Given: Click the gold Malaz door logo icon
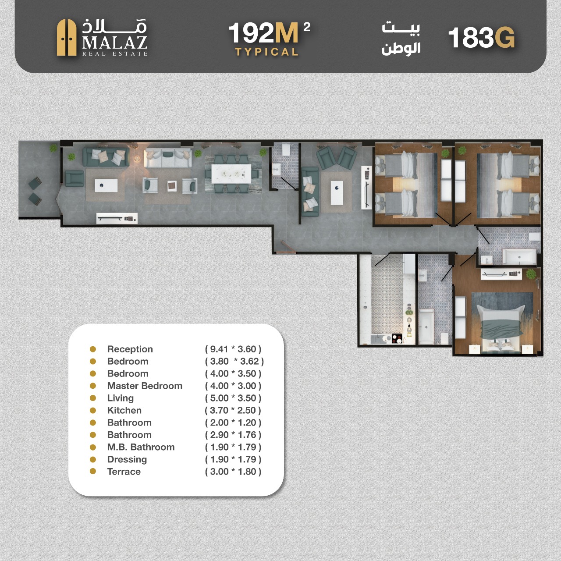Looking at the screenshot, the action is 66,38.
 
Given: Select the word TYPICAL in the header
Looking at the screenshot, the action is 266,52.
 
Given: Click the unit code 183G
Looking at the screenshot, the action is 482,38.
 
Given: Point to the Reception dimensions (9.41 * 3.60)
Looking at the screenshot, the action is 233,349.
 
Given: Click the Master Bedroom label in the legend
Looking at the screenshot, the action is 145,386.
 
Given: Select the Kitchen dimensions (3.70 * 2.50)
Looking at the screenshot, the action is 233,410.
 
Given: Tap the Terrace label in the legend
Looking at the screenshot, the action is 124,471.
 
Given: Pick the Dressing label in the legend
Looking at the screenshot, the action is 127,459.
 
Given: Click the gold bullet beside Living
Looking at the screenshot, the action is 93,398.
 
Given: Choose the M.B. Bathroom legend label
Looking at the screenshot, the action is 141,447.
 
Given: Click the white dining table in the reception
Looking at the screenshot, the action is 231,174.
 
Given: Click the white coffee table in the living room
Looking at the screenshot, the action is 337,193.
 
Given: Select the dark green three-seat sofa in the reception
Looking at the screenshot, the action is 106,157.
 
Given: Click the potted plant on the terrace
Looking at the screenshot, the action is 53,148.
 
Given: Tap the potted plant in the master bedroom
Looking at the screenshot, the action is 531,274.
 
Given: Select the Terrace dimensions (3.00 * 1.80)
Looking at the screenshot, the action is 233,471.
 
